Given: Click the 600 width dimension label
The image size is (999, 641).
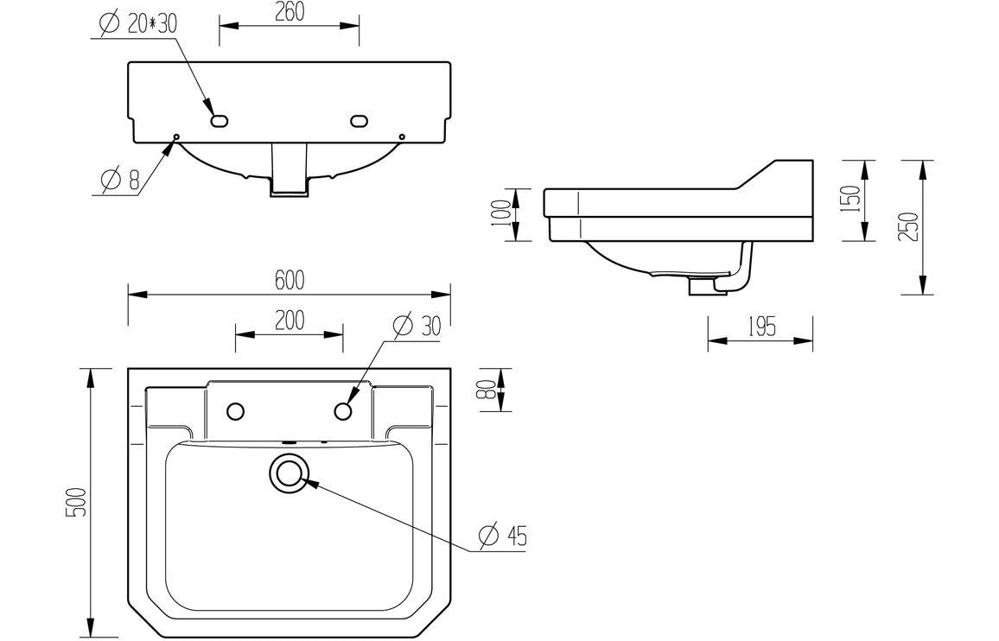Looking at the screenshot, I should [x=290, y=280].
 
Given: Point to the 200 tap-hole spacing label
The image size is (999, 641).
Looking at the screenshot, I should [x=290, y=320].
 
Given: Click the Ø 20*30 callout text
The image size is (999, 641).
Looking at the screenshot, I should [x=137, y=24].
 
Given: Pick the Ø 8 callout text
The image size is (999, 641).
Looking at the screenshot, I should [x=120, y=181].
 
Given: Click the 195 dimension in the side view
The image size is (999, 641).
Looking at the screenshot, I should [x=760, y=327].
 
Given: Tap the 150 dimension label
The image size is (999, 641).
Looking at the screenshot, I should [x=851, y=200].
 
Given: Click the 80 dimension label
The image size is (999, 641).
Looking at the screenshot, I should [x=490, y=390].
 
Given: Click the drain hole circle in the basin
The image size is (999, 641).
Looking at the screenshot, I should [x=289, y=473].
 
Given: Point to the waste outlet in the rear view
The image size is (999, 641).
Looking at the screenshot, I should [x=289, y=170].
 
